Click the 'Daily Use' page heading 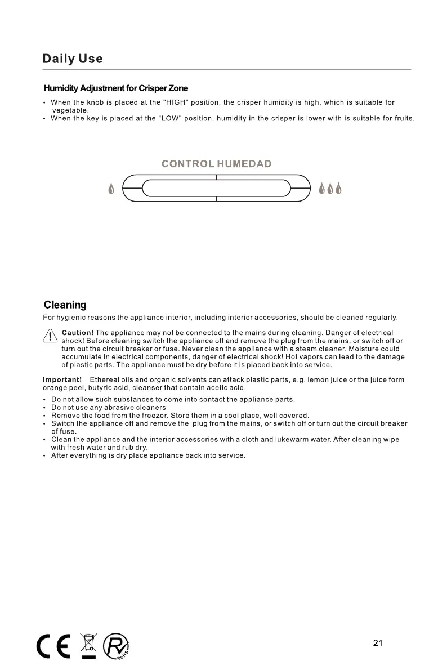[x=73, y=59]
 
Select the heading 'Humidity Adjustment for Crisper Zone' [x=116, y=88]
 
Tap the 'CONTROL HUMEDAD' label [x=216, y=164]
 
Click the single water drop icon [x=111, y=188]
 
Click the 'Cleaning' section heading [x=65, y=305]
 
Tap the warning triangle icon [x=50, y=337]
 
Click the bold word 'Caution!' [x=77, y=333]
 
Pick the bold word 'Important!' [x=62, y=380]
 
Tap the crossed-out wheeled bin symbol [x=89, y=645]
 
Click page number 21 [x=378, y=643]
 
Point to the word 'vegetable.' [x=70, y=110]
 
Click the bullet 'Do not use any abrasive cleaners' [x=109, y=408]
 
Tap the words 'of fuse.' [x=64, y=431]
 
